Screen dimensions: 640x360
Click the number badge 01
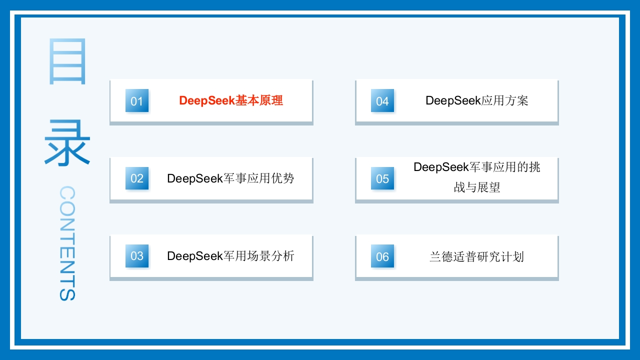[x=137, y=100]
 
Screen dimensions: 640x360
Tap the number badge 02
[x=137, y=178]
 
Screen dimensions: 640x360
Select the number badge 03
[x=137, y=256]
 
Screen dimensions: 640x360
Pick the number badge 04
[x=382, y=100]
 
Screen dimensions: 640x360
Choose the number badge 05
[x=382, y=178]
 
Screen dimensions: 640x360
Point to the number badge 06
[x=382, y=256]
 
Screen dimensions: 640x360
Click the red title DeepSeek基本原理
[x=231, y=101]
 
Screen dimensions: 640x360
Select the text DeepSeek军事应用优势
[x=230, y=178]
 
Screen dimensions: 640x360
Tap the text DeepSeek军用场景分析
[x=230, y=256]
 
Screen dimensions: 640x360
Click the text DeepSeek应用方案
[x=477, y=101]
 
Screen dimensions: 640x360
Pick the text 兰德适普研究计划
[x=477, y=256]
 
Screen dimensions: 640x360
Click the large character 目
[x=67, y=61]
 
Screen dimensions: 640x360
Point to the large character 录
[x=67, y=143]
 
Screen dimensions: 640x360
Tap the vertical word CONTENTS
[x=67, y=243]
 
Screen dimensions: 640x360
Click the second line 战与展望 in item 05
[x=477, y=187]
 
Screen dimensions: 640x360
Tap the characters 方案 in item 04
[x=517, y=101]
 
